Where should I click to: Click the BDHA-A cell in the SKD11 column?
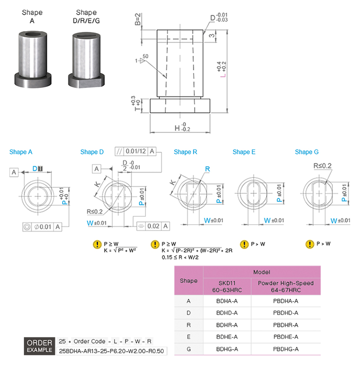(x=227, y=301)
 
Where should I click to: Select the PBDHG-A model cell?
(x=286, y=349)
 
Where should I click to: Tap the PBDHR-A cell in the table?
(x=286, y=325)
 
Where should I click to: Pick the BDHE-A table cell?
(x=227, y=337)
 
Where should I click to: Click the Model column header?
(x=262, y=272)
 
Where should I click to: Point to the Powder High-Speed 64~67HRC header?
(x=286, y=287)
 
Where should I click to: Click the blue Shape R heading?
(x=186, y=152)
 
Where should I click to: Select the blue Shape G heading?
(x=307, y=152)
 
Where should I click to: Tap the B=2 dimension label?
(x=138, y=19)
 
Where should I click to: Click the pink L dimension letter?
(x=223, y=75)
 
